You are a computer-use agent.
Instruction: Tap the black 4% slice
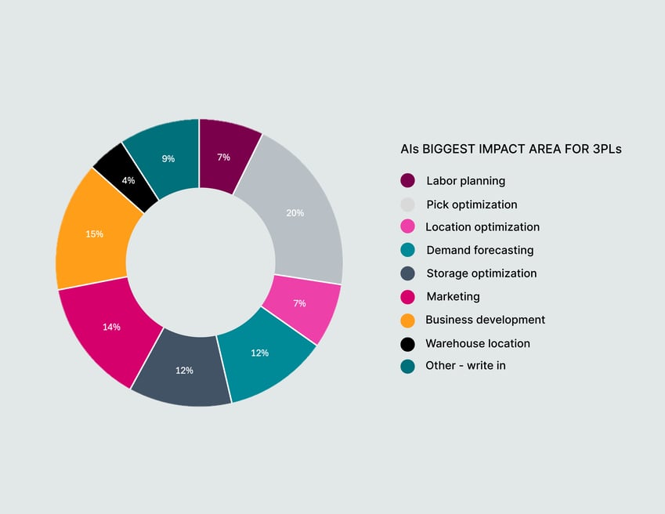[x=123, y=176]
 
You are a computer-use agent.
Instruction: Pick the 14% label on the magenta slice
[x=111, y=327]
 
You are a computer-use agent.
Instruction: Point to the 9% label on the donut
[x=168, y=158]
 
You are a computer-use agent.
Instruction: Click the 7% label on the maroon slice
[x=223, y=157]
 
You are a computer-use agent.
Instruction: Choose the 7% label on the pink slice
[x=299, y=303]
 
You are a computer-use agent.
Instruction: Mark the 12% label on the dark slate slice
[x=184, y=371]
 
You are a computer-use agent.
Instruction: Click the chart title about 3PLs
[x=511, y=149]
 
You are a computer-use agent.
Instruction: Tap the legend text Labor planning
[x=465, y=181]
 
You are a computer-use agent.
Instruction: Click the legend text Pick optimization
[x=472, y=205]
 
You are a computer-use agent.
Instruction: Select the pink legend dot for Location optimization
[x=407, y=227]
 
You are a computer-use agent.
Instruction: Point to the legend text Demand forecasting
[x=479, y=251]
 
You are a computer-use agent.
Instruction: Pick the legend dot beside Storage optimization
[x=407, y=273]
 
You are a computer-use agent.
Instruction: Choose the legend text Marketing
[x=453, y=297]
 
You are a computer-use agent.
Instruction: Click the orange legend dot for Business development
[x=407, y=320]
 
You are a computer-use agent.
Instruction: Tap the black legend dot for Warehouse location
[x=407, y=343]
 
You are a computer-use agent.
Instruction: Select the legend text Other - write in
[x=465, y=366]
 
